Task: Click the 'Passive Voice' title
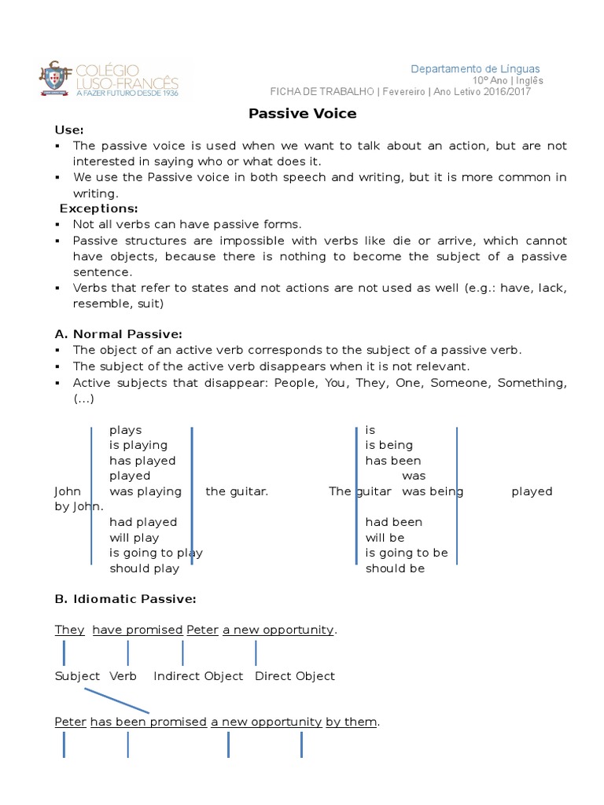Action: point(302,113)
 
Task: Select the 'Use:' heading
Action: point(69,130)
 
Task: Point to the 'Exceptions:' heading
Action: point(99,208)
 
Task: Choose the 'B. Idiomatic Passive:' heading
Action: point(125,599)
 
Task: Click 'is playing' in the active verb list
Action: point(138,445)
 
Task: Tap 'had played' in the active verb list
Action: point(143,522)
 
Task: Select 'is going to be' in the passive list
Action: point(407,553)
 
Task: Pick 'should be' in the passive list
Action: point(395,568)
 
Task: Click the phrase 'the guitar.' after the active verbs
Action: point(237,491)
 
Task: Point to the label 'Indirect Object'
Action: point(198,676)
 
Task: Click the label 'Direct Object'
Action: point(295,676)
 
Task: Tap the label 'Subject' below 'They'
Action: point(77,676)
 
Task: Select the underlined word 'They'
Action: point(69,630)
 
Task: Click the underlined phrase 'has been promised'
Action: point(148,722)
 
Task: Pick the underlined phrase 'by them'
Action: point(352,722)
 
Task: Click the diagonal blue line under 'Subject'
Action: point(116,700)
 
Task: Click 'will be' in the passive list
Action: point(385,538)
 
